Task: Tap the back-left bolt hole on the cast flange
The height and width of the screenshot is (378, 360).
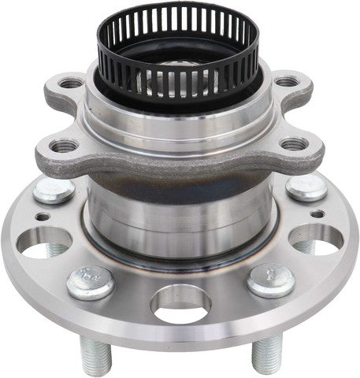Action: [70, 82]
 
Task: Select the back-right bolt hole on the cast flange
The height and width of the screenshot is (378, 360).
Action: [287, 81]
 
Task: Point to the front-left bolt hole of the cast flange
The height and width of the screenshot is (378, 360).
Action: [64, 146]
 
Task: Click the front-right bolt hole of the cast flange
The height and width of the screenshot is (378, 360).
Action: [294, 144]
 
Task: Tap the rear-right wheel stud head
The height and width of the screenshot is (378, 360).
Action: [306, 187]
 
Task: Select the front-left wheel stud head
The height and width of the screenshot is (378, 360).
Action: [91, 281]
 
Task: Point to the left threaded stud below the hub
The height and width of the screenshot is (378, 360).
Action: [96, 358]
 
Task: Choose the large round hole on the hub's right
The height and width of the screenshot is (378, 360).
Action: [315, 239]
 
